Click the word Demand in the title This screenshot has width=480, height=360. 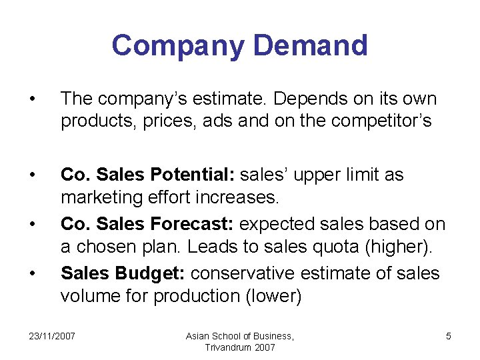[311, 45]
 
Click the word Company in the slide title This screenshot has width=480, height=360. [178, 45]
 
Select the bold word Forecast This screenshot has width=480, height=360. [195, 224]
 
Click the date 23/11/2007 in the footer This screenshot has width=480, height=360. [52, 337]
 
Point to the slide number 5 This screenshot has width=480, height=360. [448, 337]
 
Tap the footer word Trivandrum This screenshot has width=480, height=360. [227, 347]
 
